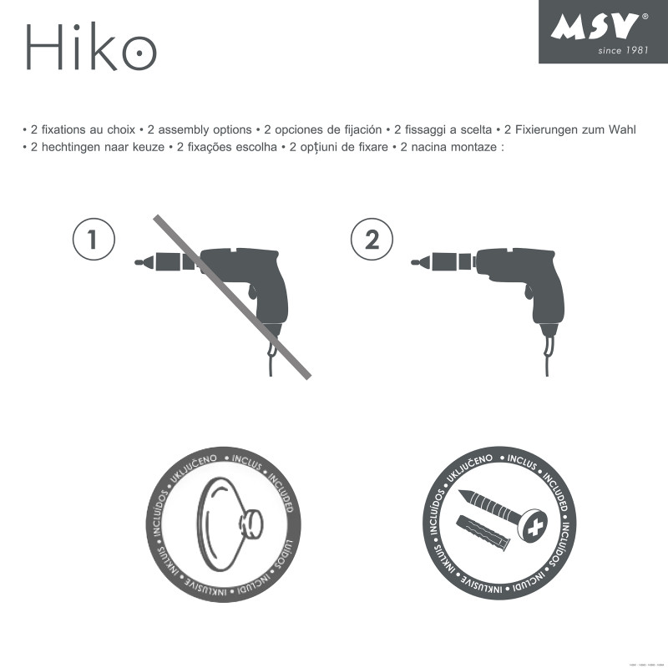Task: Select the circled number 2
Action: tap(372, 240)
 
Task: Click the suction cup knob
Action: tap(250, 524)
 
